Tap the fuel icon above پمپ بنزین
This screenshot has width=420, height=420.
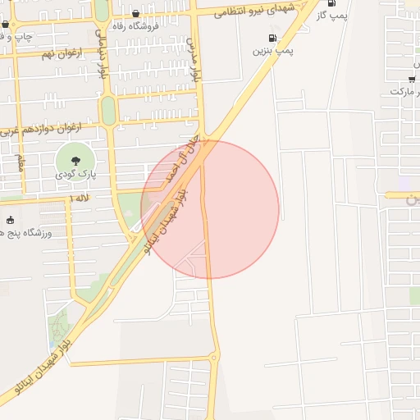click(x=272, y=38)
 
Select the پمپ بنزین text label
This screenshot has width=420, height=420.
click(x=273, y=51)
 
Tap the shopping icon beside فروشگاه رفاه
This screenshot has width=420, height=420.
click(x=135, y=14)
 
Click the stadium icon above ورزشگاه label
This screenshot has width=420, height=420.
click(x=10, y=220)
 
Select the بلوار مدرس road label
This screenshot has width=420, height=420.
click(x=195, y=62)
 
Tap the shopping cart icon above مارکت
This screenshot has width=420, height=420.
click(x=411, y=80)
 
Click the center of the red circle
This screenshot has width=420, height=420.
click(x=210, y=210)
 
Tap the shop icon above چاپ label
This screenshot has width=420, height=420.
click(x=5, y=25)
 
